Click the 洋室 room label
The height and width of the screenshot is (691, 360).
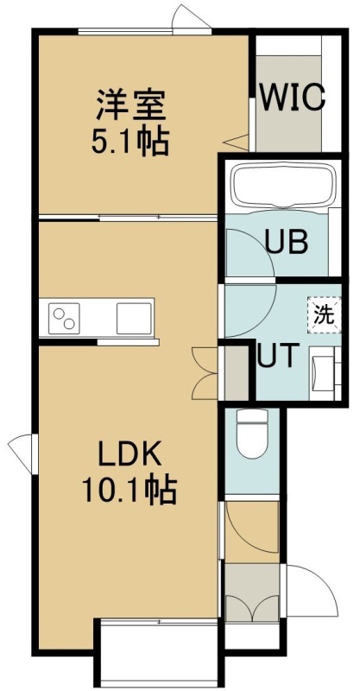pos(131,105)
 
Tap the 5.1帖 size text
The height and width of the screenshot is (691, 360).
pos(130,142)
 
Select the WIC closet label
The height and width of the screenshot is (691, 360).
pos(293,98)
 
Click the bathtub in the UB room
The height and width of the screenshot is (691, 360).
pos(283,185)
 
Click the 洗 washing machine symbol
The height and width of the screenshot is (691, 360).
pos(325,315)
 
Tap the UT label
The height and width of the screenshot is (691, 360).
pos(278,357)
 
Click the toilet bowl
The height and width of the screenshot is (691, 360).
pos(252,434)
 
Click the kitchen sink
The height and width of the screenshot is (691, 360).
pos(135,318)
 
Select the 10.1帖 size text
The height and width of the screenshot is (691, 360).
pos(129,491)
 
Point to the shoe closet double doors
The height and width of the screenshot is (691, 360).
pos(252,609)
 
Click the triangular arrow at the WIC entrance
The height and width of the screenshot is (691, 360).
pos(237,142)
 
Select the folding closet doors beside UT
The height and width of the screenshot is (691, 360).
pos(205,374)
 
